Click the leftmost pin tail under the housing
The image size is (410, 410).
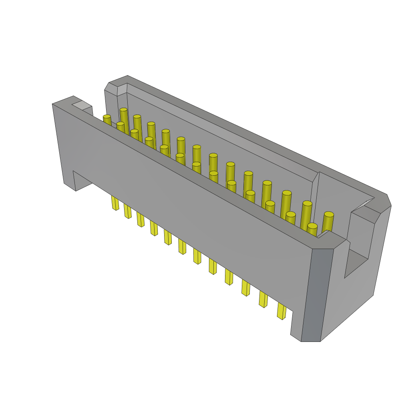pos(115,203)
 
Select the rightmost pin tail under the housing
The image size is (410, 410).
pos(281,311)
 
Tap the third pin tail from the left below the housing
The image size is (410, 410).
pos(141,219)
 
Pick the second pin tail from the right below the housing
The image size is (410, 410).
pos(263,299)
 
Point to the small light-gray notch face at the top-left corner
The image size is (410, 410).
pos(82,105)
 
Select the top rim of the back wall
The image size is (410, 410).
pos(256,136)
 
